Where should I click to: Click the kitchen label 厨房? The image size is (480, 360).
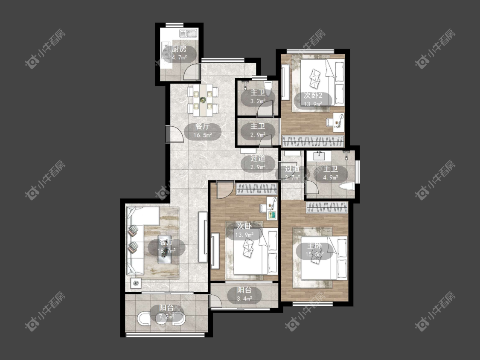click(x=179, y=49)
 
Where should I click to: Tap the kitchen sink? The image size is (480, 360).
click(x=188, y=33)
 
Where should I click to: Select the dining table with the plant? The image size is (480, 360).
click(x=203, y=100)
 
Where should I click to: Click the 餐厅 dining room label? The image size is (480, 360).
click(x=202, y=127)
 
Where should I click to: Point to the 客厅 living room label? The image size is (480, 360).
click(x=166, y=243)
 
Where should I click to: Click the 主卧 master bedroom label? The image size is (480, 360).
click(x=315, y=246)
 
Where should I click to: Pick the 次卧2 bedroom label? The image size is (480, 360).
click(x=313, y=96)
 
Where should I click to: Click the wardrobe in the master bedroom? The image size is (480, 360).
click(x=327, y=207)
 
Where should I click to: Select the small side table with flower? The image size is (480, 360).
click(x=136, y=283)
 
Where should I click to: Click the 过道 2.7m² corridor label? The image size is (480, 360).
click(x=292, y=173)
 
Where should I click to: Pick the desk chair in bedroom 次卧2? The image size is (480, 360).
click(x=330, y=122)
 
